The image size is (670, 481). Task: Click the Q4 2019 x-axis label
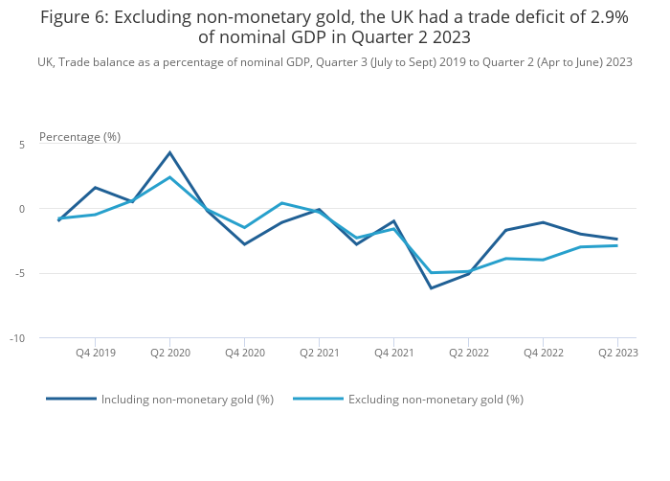96,354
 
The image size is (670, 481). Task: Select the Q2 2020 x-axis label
170,354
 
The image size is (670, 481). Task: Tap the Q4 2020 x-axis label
245,354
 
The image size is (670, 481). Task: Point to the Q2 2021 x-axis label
320,354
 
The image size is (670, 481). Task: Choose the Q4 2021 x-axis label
394,354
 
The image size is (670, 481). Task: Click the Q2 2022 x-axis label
469,354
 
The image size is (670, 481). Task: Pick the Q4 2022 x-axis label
544,354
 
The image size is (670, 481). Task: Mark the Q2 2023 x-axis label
618,354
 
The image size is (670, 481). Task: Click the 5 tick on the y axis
21,144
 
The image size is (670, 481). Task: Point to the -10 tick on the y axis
18,338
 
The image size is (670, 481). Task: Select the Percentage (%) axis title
79,137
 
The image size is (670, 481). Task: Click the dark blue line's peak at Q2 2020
169,152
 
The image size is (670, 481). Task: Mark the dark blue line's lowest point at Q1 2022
431,288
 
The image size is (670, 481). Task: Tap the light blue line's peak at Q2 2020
169,177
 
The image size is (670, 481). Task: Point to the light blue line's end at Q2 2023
617,245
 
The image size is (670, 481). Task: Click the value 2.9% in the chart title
603,16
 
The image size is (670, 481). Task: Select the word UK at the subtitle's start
46,62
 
